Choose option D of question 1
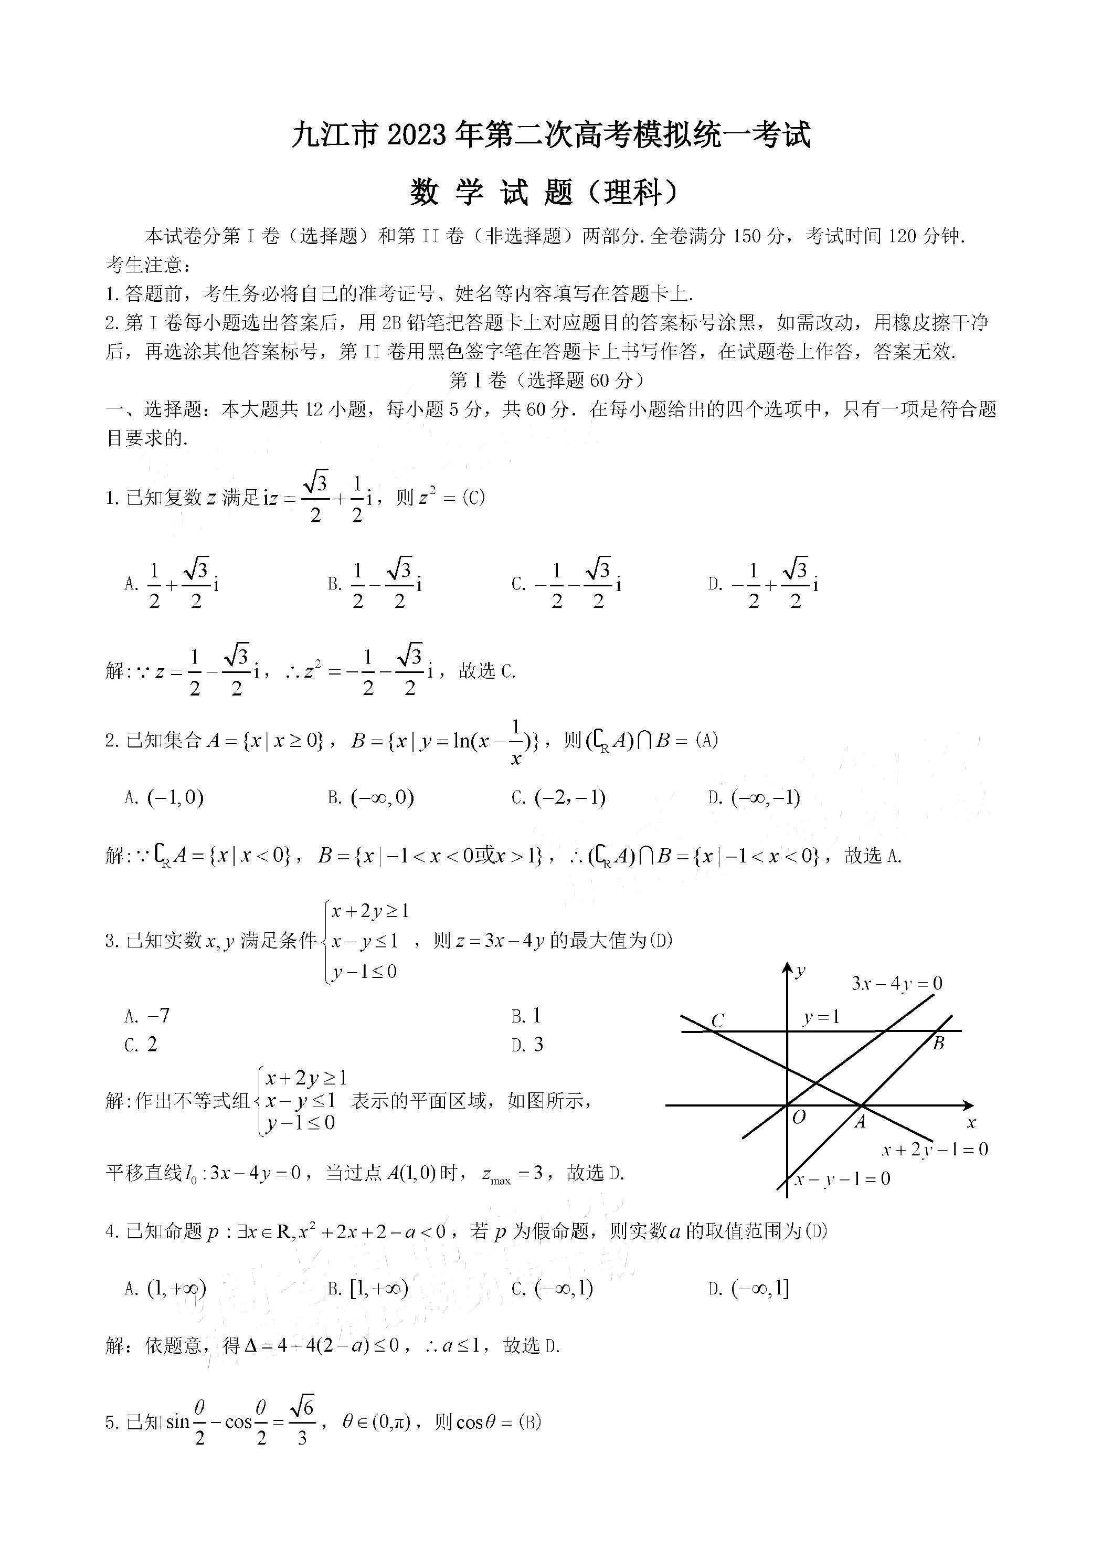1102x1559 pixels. [x=764, y=583]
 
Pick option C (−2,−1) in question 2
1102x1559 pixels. [x=559, y=797]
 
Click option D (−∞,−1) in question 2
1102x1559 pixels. [x=755, y=797]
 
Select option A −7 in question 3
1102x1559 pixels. [x=147, y=1016]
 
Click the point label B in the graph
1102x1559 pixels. [x=938, y=1044]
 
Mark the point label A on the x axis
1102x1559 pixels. [x=860, y=1122]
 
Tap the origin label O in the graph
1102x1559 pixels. [x=799, y=1117]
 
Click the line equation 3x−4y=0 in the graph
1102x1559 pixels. [x=896, y=983]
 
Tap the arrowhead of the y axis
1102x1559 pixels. [x=787, y=967]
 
